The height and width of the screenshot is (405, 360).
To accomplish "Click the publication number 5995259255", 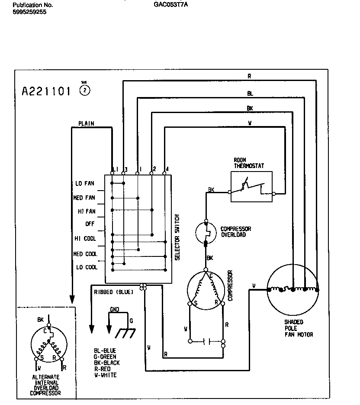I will pos(29,12).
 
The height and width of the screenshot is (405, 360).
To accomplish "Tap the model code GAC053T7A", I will pos(170,5).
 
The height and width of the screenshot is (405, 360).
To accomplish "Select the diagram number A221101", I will pos(46,92).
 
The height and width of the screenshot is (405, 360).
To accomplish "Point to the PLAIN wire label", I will pos(86,123).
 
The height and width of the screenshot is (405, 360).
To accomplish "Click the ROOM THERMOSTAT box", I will pos(251,187).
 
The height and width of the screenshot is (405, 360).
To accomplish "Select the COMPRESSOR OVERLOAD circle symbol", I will pos(206,232).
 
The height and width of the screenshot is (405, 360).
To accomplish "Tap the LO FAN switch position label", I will pos(85,184).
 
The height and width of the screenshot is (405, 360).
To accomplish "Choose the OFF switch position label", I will pos(90,224).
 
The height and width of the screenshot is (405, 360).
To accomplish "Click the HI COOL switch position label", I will pos(85,239).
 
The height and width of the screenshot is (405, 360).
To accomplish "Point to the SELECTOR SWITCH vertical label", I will pos(177,237).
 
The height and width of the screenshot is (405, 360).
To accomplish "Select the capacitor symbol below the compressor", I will pos(206,341).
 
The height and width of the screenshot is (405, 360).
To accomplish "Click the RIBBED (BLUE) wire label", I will pos(113,292).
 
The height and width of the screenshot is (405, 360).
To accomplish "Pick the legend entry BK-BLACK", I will pos(107,363).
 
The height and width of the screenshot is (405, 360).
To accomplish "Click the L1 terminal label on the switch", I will pos(115,169).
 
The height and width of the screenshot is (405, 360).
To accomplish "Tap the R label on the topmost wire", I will pos(249,76).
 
